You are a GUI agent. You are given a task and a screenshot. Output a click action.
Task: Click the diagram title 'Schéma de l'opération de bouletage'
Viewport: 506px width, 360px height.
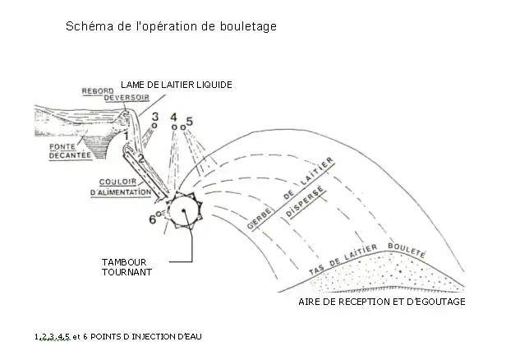[x=171, y=26]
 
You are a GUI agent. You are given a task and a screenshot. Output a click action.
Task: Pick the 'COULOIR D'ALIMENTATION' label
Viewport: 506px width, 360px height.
[x=124, y=188]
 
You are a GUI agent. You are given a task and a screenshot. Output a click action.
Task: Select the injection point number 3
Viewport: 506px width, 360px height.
[x=154, y=117]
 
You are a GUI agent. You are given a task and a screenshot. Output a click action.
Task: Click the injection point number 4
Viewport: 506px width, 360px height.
[x=174, y=118]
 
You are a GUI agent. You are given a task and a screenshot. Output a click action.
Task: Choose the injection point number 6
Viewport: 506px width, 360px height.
[x=154, y=219]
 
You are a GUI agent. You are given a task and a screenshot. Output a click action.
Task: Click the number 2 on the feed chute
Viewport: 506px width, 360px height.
[x=140, y=158]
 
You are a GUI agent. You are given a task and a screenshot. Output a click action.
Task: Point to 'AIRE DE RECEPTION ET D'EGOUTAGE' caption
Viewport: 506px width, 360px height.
[x=384, y=302]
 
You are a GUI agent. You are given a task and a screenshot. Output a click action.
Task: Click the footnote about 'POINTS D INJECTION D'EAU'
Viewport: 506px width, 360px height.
[x=117, y=337]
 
